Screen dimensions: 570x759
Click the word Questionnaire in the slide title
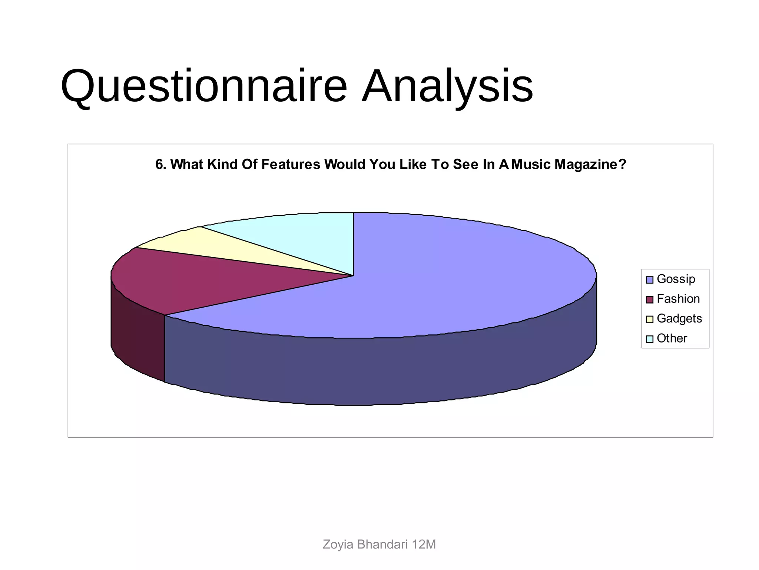[204, 86]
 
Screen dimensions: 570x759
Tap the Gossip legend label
[676, 279]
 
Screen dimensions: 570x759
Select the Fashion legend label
[678, 299]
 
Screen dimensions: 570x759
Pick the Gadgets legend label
[679, 318]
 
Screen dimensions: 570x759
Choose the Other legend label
[672, 338]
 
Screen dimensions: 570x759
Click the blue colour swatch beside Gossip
[649, 280]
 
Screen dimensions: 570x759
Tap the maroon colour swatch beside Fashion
[649, 299]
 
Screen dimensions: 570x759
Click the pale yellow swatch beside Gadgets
[649, 319]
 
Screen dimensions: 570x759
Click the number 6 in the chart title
[159, 164]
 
